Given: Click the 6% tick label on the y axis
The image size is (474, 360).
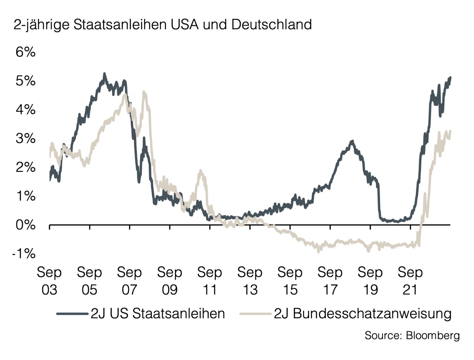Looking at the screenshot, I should pos(25,52).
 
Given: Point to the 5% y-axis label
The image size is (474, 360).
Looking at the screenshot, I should pos(25,81).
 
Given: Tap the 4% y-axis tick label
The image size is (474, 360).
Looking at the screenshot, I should pos(25,110).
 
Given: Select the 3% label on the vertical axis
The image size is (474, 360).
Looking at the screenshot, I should pos(25,139).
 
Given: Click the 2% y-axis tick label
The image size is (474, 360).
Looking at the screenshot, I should pos(25,168).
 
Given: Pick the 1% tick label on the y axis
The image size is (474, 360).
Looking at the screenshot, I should pos(25,197).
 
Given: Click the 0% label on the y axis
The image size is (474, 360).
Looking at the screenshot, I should pos(25,225).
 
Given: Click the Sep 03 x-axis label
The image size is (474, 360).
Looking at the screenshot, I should pos(49,281).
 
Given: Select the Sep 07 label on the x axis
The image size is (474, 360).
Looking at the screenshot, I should pos(129,281).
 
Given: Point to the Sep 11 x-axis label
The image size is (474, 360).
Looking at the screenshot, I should pos(209,281).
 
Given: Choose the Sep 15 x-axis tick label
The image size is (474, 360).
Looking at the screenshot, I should pos(290,281).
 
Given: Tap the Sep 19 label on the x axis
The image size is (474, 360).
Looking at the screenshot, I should pos(370,281).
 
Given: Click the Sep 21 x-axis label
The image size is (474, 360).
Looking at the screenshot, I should pos(410,281).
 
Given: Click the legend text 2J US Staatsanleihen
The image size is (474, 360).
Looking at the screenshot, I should pos(158,314).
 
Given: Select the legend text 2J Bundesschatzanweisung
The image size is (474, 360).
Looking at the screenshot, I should pos(362,314).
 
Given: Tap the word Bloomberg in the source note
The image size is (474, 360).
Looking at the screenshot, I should pos(433,335).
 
